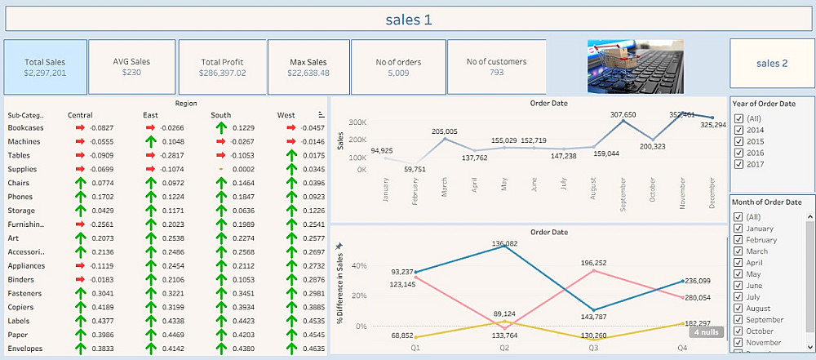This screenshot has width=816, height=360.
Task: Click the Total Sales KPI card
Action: pos(45,67)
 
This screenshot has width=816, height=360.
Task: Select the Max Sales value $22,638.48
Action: pos(308,73)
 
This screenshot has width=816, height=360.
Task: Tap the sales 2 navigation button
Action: pos(772,64)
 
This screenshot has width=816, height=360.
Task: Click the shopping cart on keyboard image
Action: pos(635,66)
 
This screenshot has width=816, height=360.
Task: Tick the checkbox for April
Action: pos(739,263)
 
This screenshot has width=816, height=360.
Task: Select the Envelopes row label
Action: pos(25,349)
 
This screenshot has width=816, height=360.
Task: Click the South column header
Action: pos(220,115)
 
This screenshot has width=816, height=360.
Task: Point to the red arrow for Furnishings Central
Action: pos(80,224)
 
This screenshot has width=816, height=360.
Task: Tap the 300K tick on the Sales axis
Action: pos(357,122)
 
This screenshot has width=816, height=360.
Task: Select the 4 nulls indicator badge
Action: pos(707,332)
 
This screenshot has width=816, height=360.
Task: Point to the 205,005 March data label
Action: pos(445,131)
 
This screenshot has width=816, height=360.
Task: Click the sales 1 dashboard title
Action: pos(409,20)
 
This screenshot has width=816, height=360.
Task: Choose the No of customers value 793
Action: pos(496,73)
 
